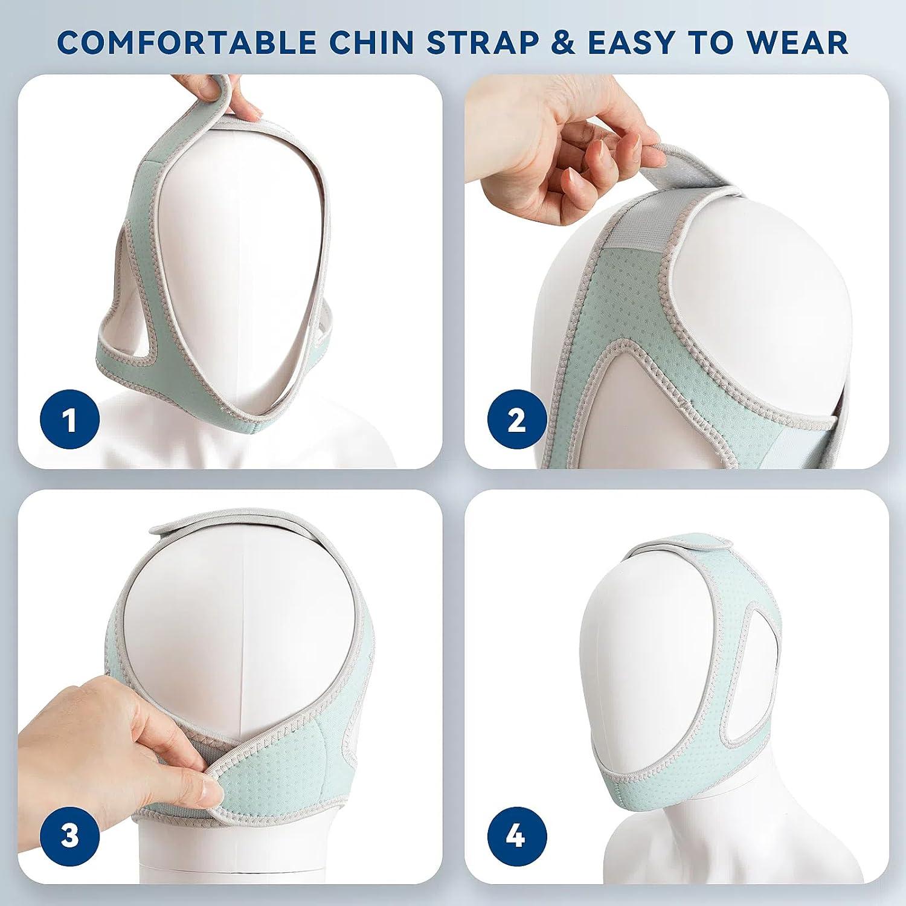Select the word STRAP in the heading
click(x=483, y=42)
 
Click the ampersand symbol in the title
click(x=564, y=42)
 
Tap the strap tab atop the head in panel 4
click(x=683, y=550)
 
